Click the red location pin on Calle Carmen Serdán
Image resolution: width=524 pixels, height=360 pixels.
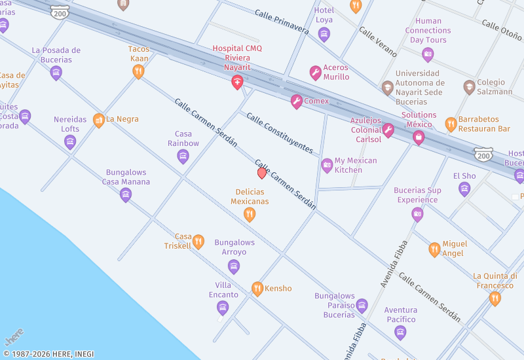coord(262,173)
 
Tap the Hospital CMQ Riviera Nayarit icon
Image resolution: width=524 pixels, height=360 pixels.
coord(237,82)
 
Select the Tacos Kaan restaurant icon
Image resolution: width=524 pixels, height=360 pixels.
coord(138,71)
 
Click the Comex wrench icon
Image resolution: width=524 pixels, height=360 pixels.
coord(297,101)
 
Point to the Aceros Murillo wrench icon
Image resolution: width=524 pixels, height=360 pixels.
coord(316,73)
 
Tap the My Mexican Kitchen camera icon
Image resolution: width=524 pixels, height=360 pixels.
coord(327,166)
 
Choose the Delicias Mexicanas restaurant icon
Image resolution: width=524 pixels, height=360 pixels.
coord(250,214)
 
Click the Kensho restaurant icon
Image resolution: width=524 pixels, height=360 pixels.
coord(257,288)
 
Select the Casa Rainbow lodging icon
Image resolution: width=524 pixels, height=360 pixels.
coord(183,156)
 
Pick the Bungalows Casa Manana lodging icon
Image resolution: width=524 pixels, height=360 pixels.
coord(126,194)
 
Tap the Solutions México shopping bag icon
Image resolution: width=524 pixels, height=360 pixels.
coord(419,137)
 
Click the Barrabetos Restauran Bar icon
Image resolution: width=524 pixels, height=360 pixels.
coord(451,124)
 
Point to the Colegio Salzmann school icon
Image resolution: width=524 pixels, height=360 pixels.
coord(469,87)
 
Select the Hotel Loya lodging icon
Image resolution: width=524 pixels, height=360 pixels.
coord(324,34)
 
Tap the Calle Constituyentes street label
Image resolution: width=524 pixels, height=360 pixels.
coord(280,133)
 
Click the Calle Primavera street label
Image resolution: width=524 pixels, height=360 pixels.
coord(282,22)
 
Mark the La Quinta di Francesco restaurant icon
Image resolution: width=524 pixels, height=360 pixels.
coord(495,298)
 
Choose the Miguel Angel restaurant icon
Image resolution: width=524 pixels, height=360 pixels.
coord(434,249)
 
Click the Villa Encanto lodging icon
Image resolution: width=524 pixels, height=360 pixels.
coord(223,308)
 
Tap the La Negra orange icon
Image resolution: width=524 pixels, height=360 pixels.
coord(99,120)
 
